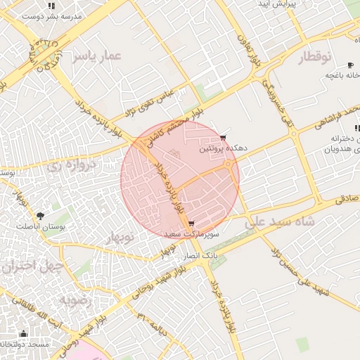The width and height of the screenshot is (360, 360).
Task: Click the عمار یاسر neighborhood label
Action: coord(97,56)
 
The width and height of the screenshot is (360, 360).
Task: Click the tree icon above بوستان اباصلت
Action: coord(40,216)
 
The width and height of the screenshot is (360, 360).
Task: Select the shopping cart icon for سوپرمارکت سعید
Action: coord(192,224)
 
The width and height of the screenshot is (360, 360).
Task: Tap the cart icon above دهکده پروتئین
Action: coord(223,137)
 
